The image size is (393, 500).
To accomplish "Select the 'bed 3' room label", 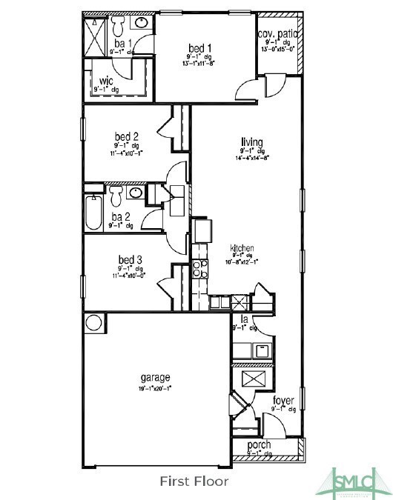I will tap(129, 259).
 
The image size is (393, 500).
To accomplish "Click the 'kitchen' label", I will tap(242, 248).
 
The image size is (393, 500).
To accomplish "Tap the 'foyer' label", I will tap(283, 401).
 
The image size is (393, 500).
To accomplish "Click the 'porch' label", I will tap(259, 445).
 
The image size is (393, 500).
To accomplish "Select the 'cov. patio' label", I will tap(278, 34).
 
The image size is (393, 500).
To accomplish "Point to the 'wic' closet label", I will tap(105, 79).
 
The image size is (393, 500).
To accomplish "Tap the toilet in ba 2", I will tap(116, 195).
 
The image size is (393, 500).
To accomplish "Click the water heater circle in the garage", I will tap(94, 323).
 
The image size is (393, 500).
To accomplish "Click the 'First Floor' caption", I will tap(195, 481).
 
